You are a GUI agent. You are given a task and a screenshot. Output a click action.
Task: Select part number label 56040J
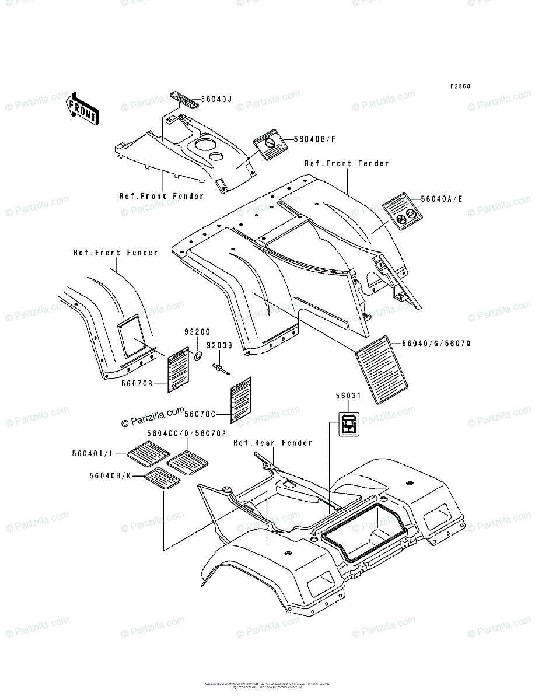point(216,99)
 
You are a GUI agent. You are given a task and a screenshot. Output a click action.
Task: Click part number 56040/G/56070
point(436,344)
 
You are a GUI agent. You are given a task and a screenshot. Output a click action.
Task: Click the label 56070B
point(137,383)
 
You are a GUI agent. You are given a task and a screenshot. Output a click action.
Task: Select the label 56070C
point(200,414)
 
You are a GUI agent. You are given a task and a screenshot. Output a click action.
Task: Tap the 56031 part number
point(348,395)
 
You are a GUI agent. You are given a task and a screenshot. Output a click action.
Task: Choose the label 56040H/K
point(109,475)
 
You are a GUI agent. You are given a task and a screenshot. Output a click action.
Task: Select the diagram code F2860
point(460,86)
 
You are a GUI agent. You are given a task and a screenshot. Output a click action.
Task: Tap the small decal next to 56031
point(349,423)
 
